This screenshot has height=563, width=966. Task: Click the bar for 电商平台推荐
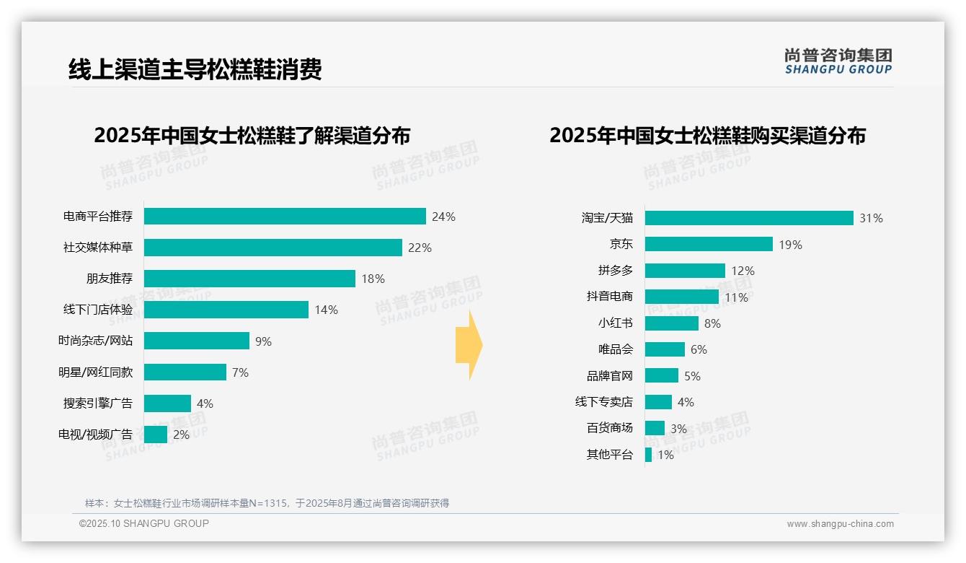coord(285,217)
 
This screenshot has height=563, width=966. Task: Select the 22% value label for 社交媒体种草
coord(420,248)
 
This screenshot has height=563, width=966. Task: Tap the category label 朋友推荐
coord(110,279)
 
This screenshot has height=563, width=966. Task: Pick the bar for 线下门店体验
coord(226,310)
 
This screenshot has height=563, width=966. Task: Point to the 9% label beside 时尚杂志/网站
coord(263,341)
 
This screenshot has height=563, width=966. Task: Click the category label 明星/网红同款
coord(96,372)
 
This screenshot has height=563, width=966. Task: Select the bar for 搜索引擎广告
coord(167,403)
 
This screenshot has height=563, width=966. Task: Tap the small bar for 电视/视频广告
coord(156,435)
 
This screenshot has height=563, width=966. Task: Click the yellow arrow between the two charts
coord(469,345)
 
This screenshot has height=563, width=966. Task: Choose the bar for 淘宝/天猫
coord(749,218)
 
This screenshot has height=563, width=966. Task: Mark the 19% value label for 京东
coord(790,245)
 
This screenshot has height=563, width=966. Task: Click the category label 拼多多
coord(615,271)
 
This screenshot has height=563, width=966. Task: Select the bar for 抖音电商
coord(681,297)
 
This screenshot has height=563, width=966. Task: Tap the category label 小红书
coord(615,323)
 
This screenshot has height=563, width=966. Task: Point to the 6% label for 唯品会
coord(699,349)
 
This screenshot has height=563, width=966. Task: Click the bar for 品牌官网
coord(661,375)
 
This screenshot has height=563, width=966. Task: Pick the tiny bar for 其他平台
coord(648,455)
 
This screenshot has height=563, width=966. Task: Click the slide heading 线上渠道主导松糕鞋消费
coord(195,69)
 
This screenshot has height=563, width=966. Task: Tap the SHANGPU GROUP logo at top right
coord(838,61)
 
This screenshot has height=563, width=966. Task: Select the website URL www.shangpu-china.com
coord(840,524)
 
